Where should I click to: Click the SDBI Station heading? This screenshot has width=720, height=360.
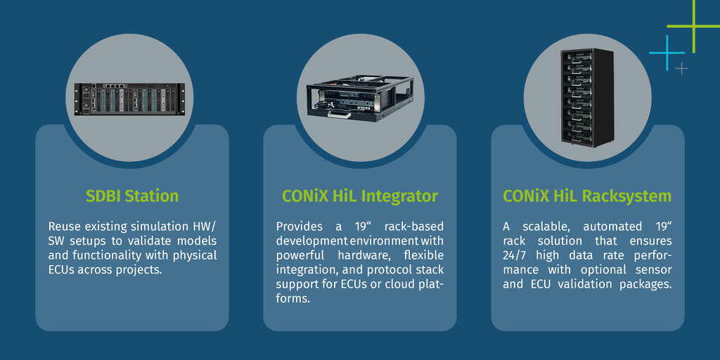pyautogui.click(x=132, y=196)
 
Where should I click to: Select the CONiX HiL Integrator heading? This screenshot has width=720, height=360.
pyautogui.click(x=359, y=197)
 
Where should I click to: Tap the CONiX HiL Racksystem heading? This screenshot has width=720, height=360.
pyautogui.click(x=587, y=197)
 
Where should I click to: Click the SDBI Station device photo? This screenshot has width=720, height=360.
pyautogui.click(x=129, y=99)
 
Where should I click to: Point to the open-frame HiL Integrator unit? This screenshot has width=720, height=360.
pyautogui.click(x=360, y=98)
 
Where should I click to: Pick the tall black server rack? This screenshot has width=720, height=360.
pyautogui.click(x=587, y=97)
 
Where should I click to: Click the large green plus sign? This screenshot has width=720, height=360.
pyautogui.click(x=693, y=26)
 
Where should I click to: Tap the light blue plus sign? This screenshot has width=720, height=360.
pyautogui.click(x=667, y=53)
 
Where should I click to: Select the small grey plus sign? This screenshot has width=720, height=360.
pyautogui.click(x=682, y=69)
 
